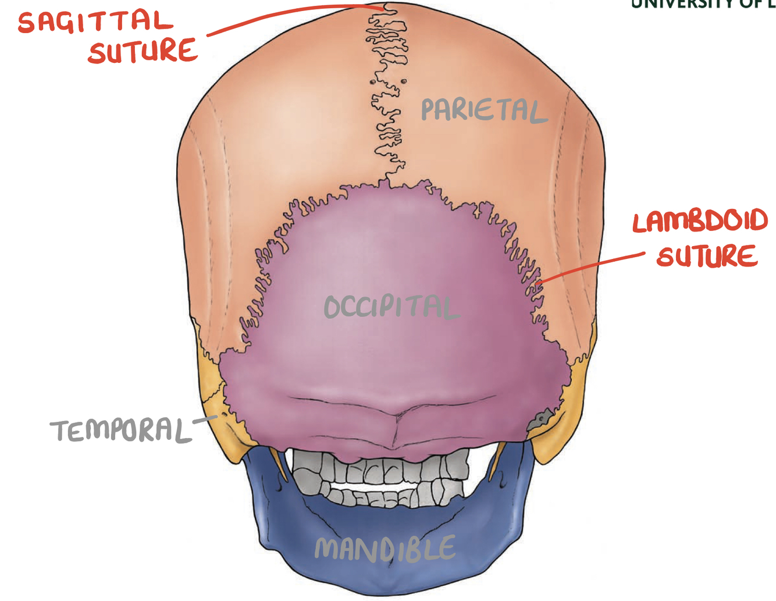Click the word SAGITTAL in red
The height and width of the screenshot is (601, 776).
95,22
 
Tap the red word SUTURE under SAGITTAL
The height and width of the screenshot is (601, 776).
143,51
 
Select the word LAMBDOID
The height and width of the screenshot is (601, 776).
700,222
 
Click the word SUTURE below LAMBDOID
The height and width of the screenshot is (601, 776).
707,256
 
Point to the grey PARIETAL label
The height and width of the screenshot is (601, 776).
483,110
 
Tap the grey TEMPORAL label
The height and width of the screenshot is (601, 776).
120,431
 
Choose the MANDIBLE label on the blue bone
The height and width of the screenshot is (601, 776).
385,549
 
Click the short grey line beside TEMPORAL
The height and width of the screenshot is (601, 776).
204,418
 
